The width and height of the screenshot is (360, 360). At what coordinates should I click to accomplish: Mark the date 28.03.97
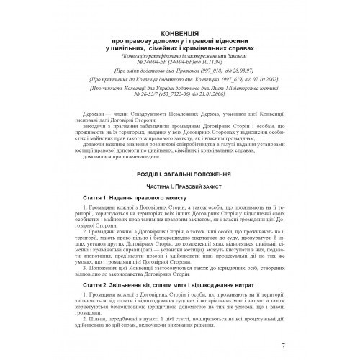coord(246,72)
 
